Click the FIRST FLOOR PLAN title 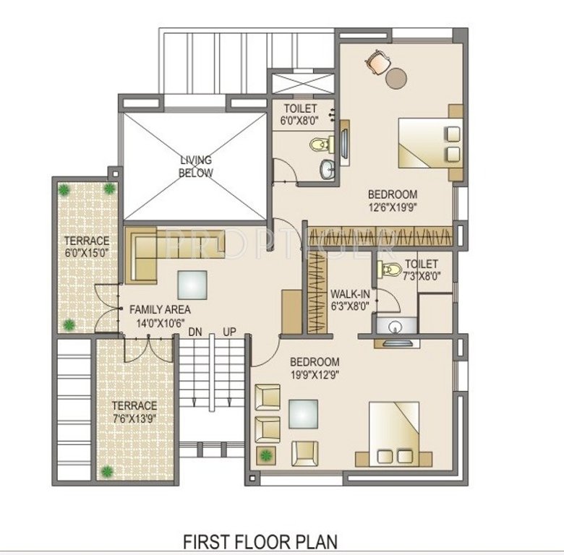tap(260, 541)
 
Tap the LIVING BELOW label tap(196, 166)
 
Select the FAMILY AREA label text tap(160, 309)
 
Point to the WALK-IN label tap(350, 294)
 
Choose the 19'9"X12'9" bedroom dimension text tap(315, 374)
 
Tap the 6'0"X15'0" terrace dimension tap(86, 254)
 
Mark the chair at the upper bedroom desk tap(375, 62)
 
